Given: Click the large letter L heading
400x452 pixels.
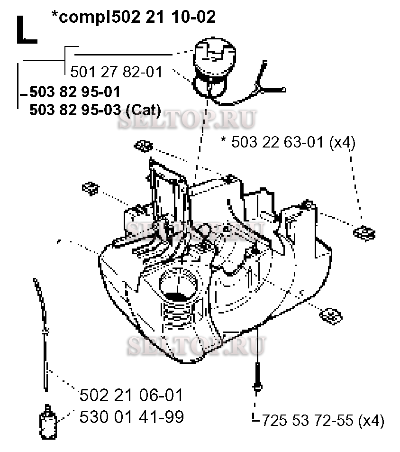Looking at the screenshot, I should (26, 30).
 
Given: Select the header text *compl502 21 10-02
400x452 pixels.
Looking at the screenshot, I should (134, 17).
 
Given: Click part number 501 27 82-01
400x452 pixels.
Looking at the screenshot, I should (116, 72).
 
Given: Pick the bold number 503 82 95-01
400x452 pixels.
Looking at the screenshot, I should (74, 92).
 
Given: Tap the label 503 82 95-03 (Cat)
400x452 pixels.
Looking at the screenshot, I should (95, 110).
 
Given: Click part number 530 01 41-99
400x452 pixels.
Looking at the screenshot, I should (131, 417).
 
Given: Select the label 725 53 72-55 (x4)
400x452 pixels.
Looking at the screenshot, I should (322, 420).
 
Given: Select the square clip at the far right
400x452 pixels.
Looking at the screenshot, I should (364, 233).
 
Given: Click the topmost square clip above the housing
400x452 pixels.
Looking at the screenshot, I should (143, 146).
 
